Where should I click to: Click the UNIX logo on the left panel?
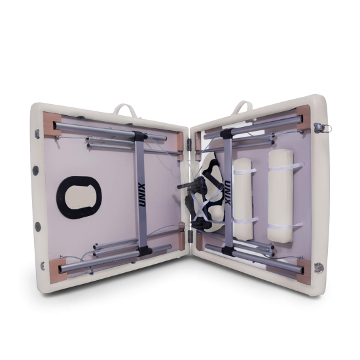(141, 195)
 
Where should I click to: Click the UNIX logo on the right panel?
(227, 192)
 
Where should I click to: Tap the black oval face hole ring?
(79, 198)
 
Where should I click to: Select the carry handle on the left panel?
(125, 109)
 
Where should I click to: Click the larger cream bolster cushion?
(281, 196)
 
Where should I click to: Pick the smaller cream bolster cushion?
(242, 198)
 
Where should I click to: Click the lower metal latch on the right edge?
(319, 267)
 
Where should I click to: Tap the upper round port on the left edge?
(35, 170)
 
